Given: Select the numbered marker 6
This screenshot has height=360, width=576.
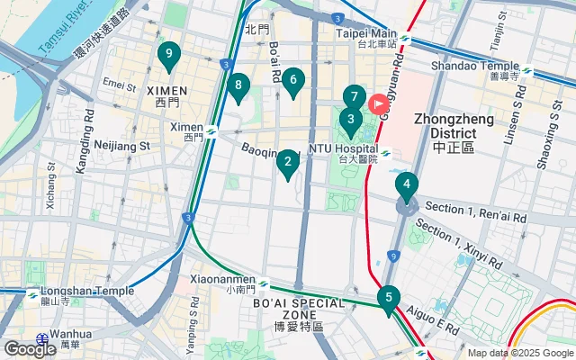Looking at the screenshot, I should [x=292, y=82].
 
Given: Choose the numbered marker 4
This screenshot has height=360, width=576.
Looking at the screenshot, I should [x=407, y=187].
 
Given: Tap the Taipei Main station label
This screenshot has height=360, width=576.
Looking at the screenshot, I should [x=367, y=37].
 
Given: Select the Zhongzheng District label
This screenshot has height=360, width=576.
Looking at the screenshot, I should [x=453, y=131].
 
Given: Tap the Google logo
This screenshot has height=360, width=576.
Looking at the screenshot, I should [x=29, y=349].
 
